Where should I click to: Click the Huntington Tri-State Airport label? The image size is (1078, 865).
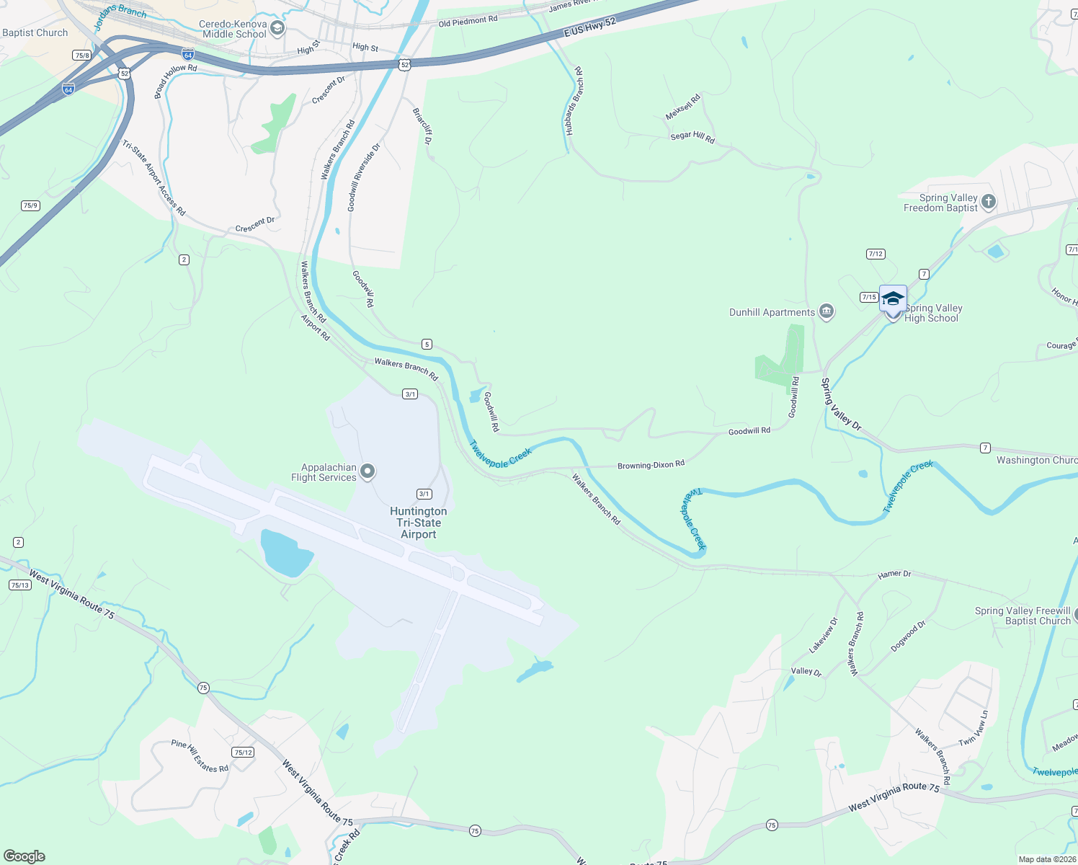(x=418, y=523)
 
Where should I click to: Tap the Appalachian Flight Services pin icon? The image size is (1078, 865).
(x=367, y=472)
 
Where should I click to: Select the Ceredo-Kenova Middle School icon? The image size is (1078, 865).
(x=277, y=29)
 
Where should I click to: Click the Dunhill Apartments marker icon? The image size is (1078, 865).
(x=827, y=311)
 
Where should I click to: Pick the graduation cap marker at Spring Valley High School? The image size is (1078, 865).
(x=893, y=299)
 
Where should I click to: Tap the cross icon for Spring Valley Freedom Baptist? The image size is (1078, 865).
(x=989, y=202)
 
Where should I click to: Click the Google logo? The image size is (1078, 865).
(x=24, y=856)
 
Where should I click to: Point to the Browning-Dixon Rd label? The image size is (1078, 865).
(x=651, y=465)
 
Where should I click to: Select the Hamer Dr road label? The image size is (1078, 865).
(x=894, y=575)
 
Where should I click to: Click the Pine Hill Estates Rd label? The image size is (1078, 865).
(x=200, y=756)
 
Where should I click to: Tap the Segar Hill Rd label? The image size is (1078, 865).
(x=692, y=136)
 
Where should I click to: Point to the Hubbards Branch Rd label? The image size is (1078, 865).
(x=574, y=102)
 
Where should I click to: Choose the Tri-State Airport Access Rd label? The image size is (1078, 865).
(x=153, y=178)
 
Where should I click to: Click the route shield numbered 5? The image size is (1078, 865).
(x=427, y=345)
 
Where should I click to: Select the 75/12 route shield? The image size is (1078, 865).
(x=243, y=752)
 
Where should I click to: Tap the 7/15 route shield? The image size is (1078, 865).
(x=868, y=297)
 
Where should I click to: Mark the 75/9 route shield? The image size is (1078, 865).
(x=30, y=205)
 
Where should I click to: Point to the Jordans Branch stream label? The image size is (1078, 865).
(x=120, y=11)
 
